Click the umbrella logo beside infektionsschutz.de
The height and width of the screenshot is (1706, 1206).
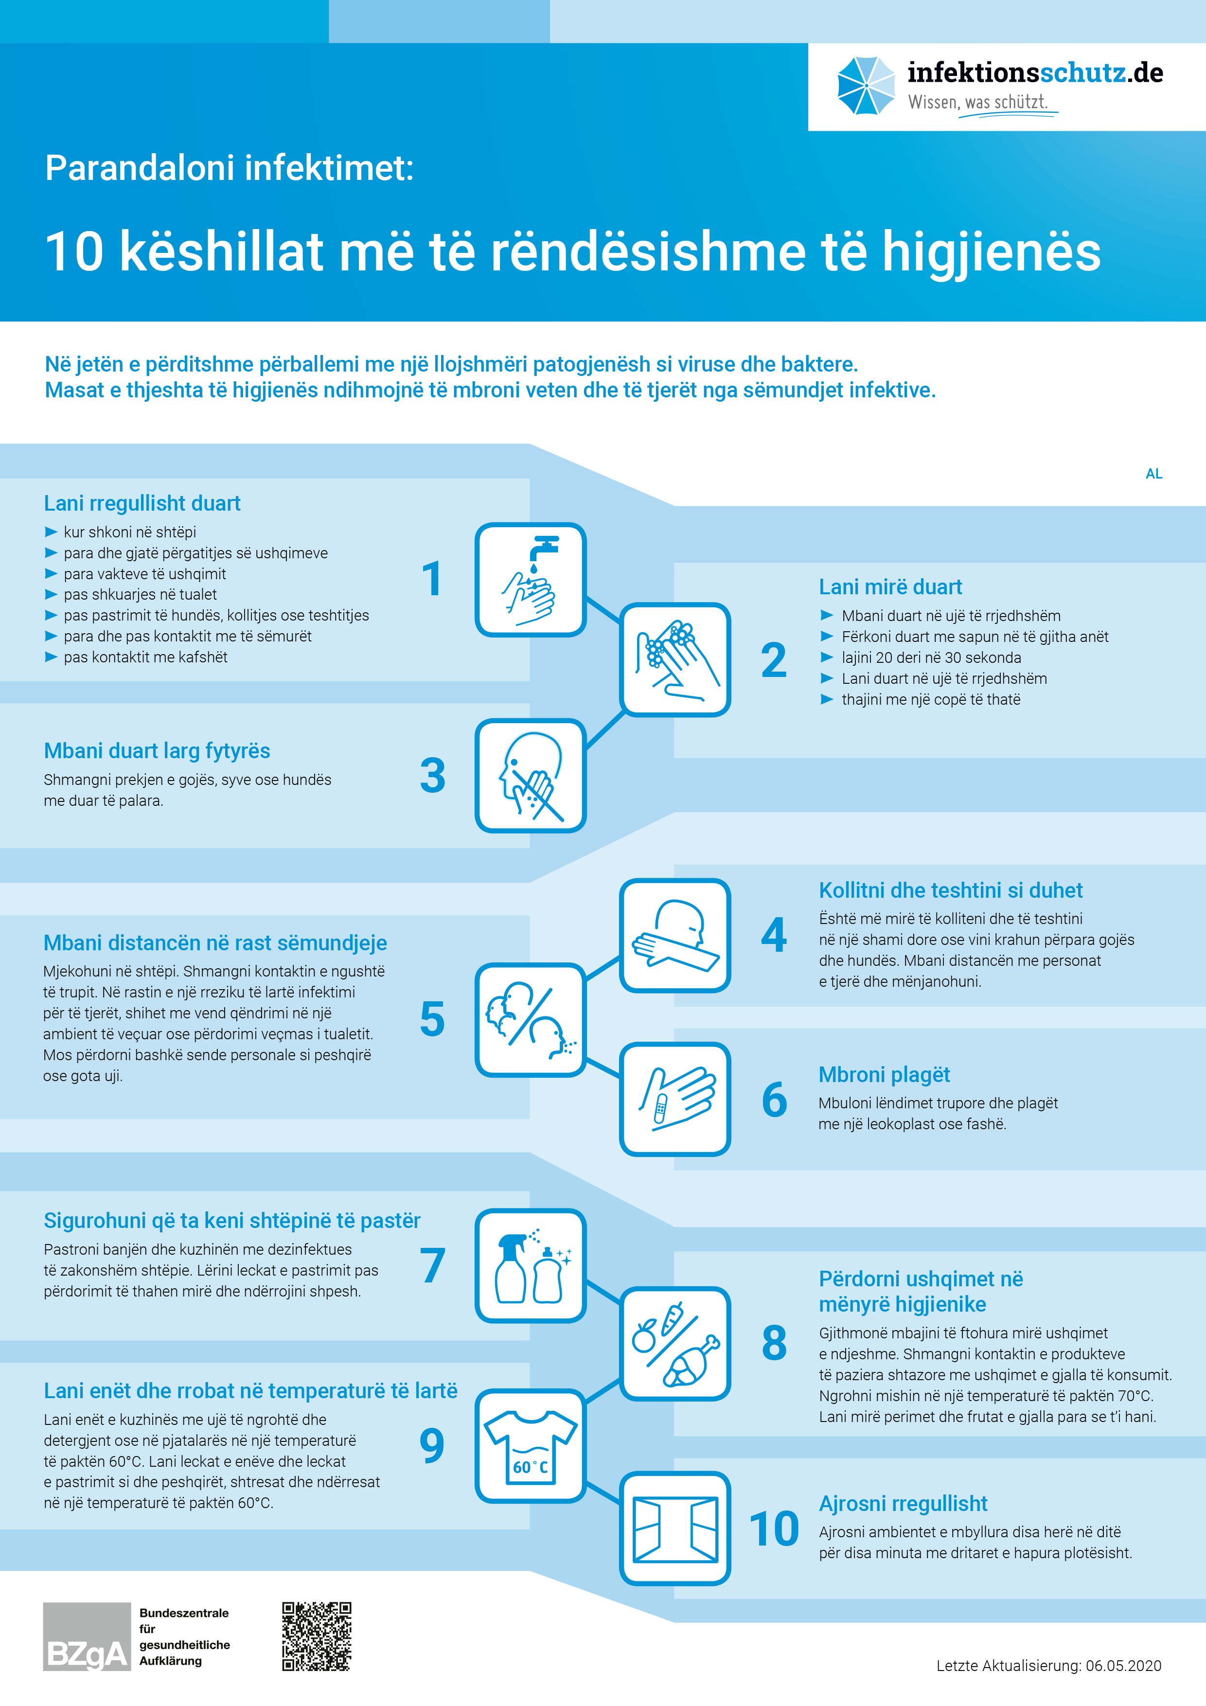point(866,86)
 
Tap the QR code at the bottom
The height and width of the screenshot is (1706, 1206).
point(317,1636)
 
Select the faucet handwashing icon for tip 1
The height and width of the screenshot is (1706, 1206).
point(531,580)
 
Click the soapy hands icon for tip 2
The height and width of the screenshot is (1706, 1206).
point(674,659)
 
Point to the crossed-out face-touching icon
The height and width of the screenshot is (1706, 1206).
point(531,775)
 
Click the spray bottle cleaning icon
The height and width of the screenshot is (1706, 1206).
point(531,1265)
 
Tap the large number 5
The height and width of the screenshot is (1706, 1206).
point(432,1019)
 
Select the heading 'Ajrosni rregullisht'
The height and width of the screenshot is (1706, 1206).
point(903,1503)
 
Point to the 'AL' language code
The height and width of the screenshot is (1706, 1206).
point(1153,474)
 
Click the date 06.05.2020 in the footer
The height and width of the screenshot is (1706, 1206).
point(1123,1666)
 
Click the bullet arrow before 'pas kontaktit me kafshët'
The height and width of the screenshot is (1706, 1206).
point(51,657)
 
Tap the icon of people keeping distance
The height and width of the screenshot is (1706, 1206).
point(531,1019)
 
